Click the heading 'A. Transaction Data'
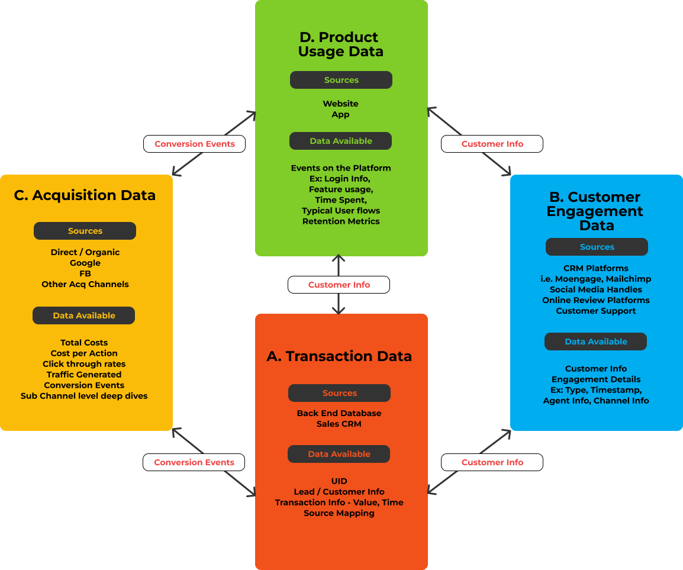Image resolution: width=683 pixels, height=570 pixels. coord(339,356)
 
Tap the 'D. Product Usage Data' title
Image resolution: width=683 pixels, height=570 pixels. coord(340,44)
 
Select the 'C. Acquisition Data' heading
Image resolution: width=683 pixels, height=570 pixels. coord(85,195)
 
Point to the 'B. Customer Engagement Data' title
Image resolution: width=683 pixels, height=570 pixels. coord(596,211)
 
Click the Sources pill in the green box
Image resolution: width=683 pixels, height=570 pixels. coord(341,80)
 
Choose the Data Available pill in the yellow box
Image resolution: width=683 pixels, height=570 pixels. coord(84,315)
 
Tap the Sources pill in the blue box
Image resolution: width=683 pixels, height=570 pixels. coord(597,247)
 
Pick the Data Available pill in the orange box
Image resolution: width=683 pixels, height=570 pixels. coord(339,454)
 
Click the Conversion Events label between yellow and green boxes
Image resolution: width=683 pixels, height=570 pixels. coord(195,144)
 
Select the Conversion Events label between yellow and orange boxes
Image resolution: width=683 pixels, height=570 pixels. coord(194,462)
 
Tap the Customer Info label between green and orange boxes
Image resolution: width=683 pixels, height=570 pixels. coord(339,285)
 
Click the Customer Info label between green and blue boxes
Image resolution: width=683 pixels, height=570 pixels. coord(492,144)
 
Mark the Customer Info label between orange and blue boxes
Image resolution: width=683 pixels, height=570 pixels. coord(492,462)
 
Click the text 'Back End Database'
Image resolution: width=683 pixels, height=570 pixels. coord(339,413)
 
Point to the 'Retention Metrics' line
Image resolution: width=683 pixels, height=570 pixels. coord(341,221)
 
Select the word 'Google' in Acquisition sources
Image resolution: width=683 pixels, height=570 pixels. coord(85,263)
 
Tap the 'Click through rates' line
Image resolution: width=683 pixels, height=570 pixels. coord(84,364)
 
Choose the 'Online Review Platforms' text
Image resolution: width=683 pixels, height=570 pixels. coord(596,300)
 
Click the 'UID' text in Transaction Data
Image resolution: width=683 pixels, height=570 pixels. coord(339,481)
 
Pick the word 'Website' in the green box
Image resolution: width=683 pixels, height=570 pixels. coord(340,104)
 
